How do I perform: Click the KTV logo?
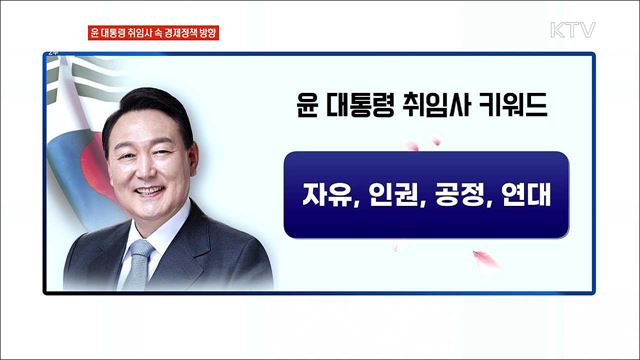tap(572, 30)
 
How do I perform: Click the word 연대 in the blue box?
tap(522, 195)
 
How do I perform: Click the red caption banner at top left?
tap(153, 32)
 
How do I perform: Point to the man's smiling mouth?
tap(147, 190)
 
